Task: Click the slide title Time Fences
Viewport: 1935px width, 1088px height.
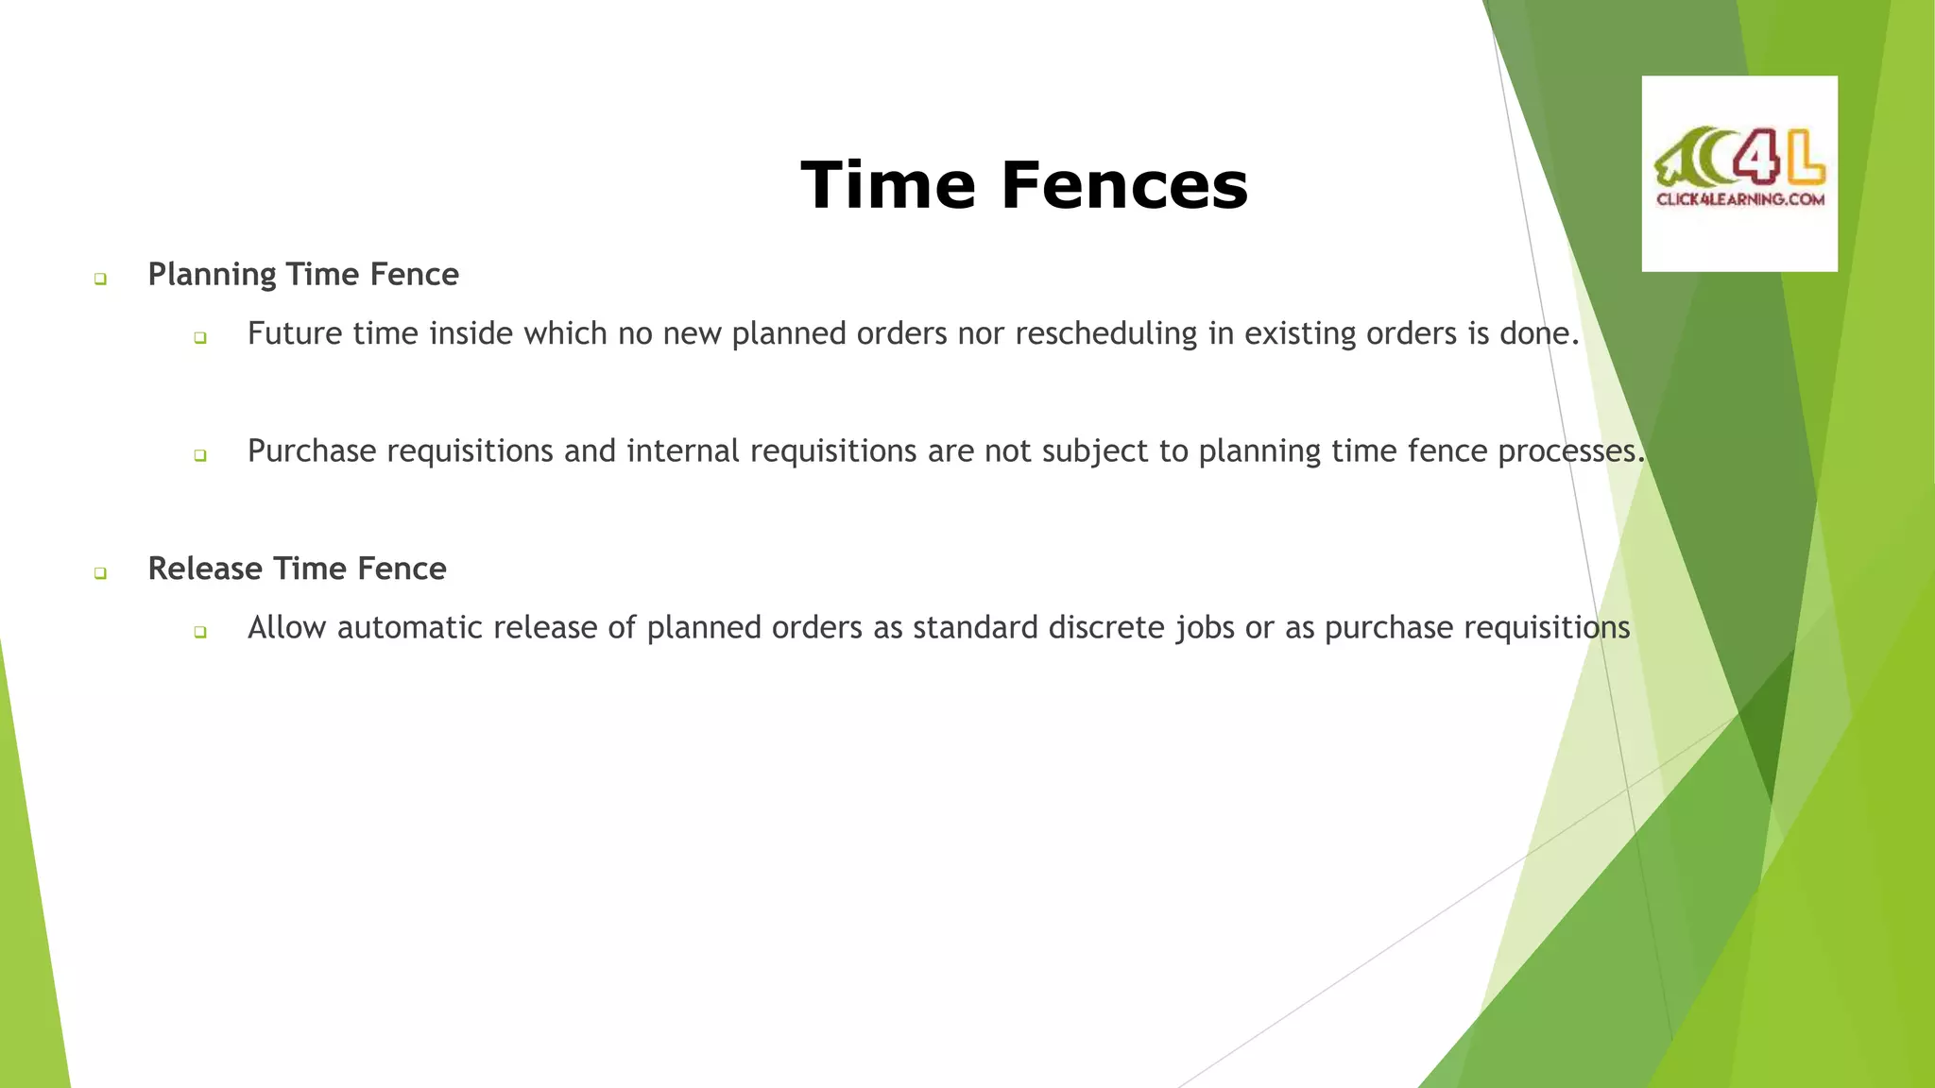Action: pos(1024,184)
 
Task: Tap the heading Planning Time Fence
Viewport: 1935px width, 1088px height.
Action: pos(303,274)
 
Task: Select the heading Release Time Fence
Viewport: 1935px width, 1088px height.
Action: pos(297,569)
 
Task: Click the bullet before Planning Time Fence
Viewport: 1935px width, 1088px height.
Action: pos(100,279)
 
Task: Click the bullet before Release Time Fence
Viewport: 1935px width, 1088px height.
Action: pos(100,573)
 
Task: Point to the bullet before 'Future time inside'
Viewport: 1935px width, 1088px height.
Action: pos(199,337)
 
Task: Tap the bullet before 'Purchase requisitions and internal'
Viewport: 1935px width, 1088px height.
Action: pos(199,455)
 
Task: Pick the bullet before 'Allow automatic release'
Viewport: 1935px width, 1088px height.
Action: pos(199,632)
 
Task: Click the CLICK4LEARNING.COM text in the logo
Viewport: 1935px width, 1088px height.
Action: pos(1739,199)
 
